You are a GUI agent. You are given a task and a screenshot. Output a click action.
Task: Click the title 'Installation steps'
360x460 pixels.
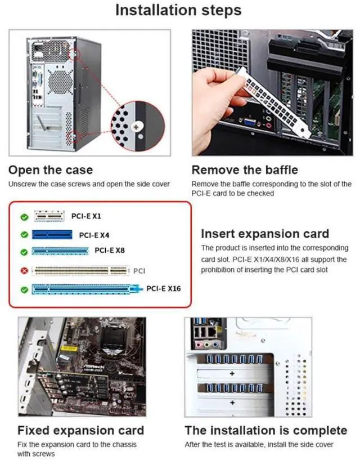coord(178,10)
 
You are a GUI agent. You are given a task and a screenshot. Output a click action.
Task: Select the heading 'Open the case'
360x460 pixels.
coord(51,170)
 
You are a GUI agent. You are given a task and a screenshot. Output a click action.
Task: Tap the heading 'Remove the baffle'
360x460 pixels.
coord(245,170)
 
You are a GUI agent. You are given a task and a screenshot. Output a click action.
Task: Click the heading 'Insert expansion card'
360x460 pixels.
coord(265,234)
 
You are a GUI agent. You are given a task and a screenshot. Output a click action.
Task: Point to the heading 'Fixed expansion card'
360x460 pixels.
coord(81,431)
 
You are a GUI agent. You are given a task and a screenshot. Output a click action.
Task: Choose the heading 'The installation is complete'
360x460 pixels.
coord(265,431)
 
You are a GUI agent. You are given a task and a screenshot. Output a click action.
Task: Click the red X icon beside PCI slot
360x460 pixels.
coord(24,271)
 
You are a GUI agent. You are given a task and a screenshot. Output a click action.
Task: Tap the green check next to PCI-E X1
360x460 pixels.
coord(24,216)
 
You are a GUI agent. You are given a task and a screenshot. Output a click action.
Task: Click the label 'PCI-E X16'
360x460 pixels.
coord(164,289)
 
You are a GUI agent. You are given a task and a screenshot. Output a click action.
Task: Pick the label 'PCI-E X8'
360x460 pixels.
coord(110,250)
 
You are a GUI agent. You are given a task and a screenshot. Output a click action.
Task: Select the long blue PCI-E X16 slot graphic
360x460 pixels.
coord(85,290)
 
